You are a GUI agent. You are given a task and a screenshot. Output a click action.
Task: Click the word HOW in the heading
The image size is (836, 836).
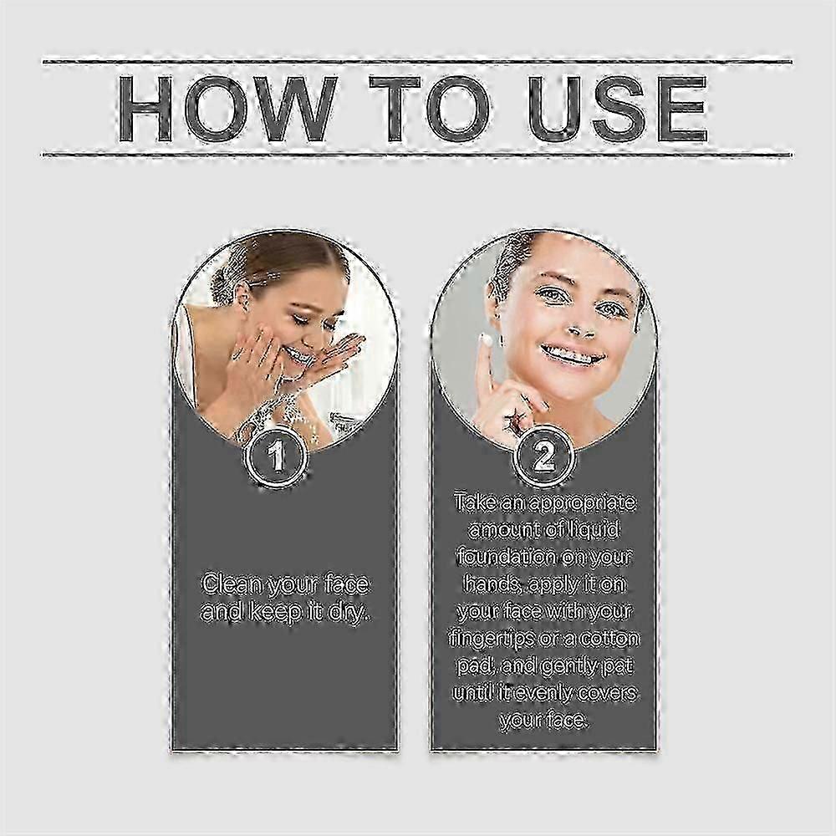click(x=227, y=110)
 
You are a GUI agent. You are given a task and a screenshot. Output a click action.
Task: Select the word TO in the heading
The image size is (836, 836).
click(x=430, y=110)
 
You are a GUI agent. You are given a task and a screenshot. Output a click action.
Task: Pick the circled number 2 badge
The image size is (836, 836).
click(x=543, y=457)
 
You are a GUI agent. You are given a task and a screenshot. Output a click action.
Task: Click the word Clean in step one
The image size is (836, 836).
click(x=232, y=584)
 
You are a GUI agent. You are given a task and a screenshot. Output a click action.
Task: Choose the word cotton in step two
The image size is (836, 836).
click(x=609, y=639)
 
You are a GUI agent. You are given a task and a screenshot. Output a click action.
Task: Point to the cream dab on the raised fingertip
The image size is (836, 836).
click(x=487, y=340)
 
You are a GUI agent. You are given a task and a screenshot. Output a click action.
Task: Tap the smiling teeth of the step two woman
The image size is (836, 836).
click(x=573, y=354)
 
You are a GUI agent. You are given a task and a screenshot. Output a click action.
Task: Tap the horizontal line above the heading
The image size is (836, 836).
click(x=417, y=62)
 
